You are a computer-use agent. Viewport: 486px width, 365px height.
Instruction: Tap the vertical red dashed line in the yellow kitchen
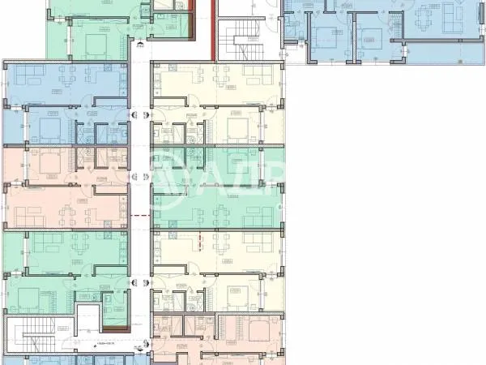(x=201, y=242)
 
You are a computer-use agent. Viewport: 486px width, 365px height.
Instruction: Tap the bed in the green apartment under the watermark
(x=238, y=161)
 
